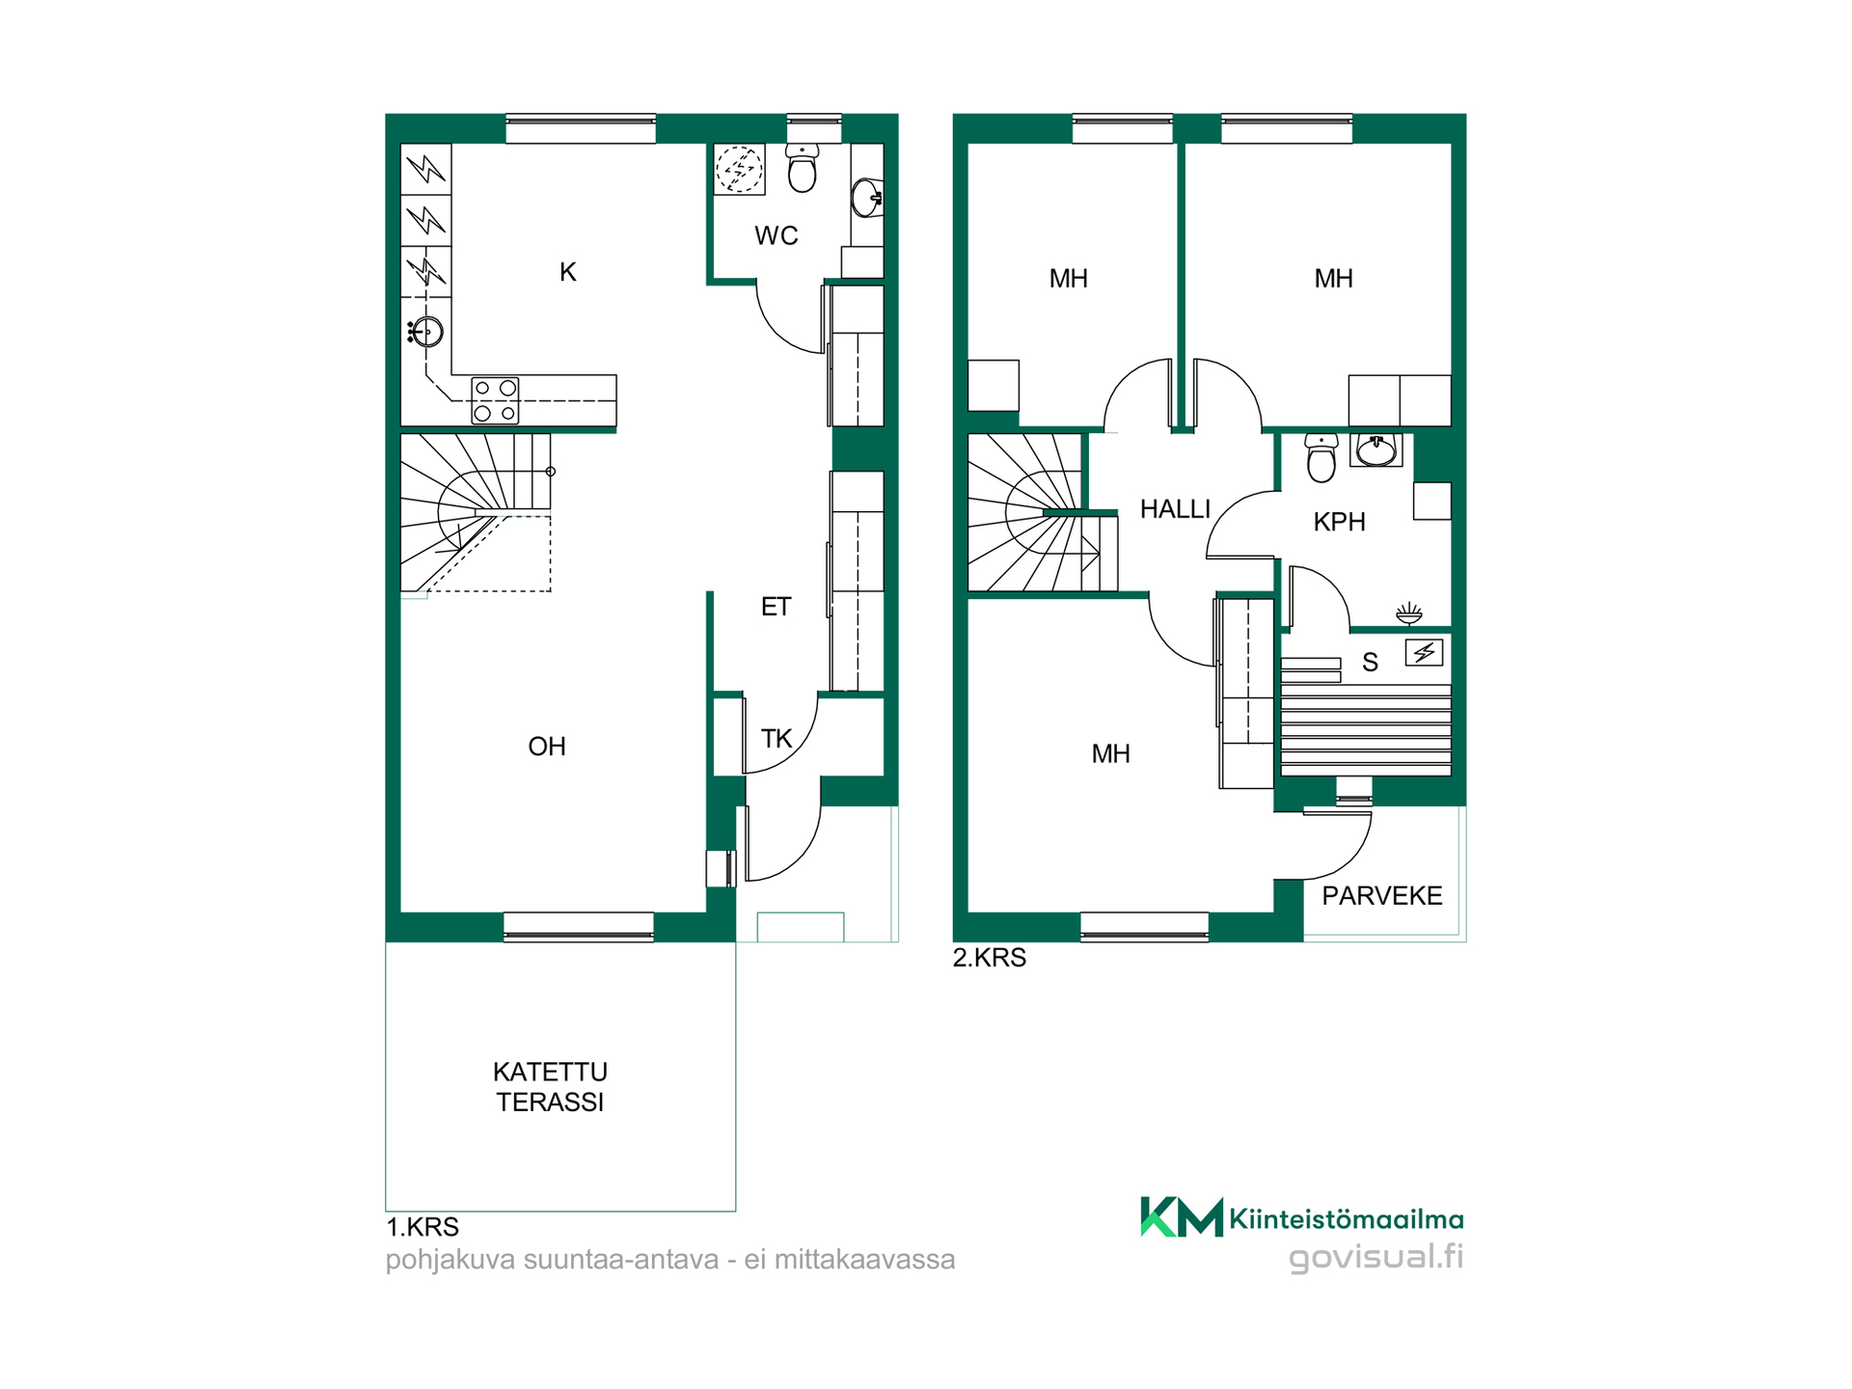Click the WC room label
coord(776,235)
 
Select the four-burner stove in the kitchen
coord(495,400)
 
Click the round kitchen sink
coord(425,332)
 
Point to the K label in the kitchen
coord(568,272)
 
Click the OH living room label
coord(547,746)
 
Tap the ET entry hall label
coord(776,606)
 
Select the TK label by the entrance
coord(776,739)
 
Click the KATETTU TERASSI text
coord(551,1086)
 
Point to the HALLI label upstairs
coord(1175,509)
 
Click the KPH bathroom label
coord(1340,522)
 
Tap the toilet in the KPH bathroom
coord(1321,457)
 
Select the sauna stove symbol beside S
coord(1424,653)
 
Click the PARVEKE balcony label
coord(1382,896)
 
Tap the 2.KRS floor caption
coord(990,958)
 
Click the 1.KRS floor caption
coord(422,1227)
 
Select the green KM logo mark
coord(1182,1217)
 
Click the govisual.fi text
coord(1376,1257)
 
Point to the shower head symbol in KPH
coord(1409,613)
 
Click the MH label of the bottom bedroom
coord(1111,753)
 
